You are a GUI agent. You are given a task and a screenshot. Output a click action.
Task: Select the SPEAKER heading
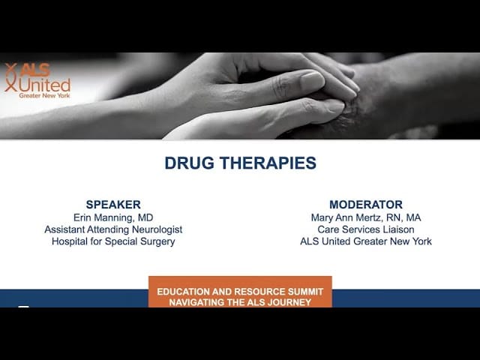(113, 205)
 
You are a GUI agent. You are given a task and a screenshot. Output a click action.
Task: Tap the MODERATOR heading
(366, 205)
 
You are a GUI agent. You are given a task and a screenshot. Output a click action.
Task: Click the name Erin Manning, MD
(113, 217)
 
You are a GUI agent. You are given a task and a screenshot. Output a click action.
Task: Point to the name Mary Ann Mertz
(346, 217)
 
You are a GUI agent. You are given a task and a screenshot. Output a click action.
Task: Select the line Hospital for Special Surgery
(113, 241)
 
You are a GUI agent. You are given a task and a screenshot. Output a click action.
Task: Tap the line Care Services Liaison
(366, 229)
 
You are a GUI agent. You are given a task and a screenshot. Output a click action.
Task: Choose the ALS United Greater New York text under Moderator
(366, 241)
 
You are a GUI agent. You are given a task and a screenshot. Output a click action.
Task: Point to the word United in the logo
(45, 85)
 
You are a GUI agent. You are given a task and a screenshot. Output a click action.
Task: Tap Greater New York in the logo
(45, 95)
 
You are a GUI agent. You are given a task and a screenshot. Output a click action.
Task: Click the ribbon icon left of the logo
(11, 77)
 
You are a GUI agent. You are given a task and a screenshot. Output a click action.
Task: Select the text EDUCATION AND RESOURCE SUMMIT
(240, 292)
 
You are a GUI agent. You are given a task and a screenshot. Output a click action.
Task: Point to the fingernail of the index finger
(312, 79)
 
